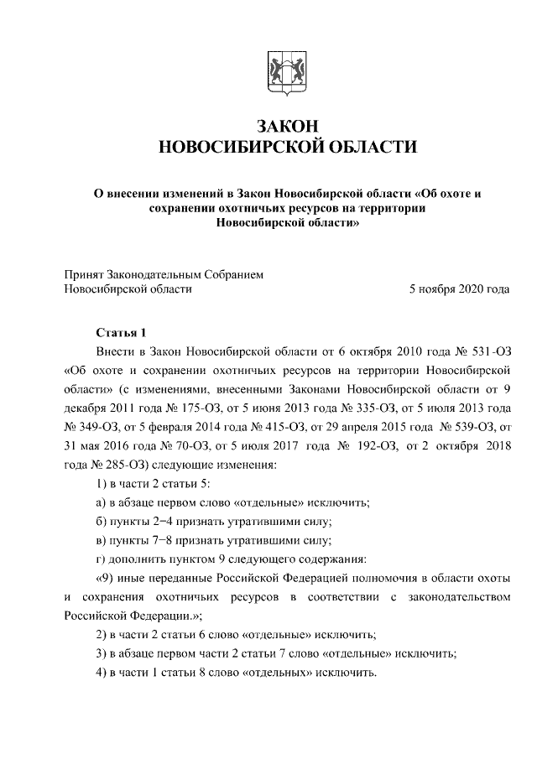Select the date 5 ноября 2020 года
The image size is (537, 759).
pyautogui.click(x=459, y=289)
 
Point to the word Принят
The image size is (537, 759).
pyautogui.click(x=83, y=273)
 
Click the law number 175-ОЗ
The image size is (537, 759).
pyautogui.click(x=196, y=408)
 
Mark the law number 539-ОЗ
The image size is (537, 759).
pyautogui.click(x=466, y=426)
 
